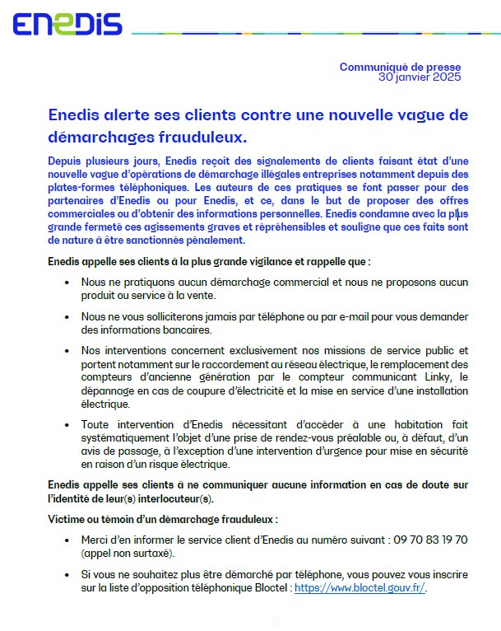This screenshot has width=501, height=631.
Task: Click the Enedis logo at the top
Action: coord(67,24)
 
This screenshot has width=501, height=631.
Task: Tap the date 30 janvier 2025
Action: coord(419,77)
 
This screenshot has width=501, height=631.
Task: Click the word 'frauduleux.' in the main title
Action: coord(206,134)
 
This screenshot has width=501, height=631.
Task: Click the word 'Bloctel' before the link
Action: coord(270,588)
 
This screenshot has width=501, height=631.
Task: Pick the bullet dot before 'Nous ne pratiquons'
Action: coord(66,283)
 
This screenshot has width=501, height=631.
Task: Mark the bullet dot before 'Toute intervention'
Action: coord(66,423)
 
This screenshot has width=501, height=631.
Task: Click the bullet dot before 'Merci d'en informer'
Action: coord(66,540)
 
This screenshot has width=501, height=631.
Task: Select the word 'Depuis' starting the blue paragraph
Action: coord(65,161)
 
